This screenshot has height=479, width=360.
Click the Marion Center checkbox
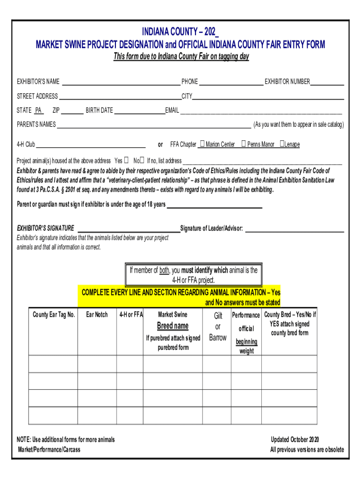pyautogui.click(x=202, y=144)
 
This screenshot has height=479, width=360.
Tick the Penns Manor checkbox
pyautogui.click(x=244, y=144)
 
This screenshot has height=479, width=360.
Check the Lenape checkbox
pyautogui.click(x=281, y=144)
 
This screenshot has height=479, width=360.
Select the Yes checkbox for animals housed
pyautogui.click(x=126, y=160)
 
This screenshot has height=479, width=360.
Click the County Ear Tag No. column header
pyautogui.click(x=54, y=315)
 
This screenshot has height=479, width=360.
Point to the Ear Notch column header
pyautogui.click(x=97, y=315)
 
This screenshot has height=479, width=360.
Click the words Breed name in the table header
pyautogui.click(x=173, y=326)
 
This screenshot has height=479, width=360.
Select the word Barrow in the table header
pyautogui.click(x=218, y=338)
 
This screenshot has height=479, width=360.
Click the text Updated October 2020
pyautogui.click(x=295, y=440)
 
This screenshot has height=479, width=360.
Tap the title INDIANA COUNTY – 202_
pyautogui.click(x=180, y=32)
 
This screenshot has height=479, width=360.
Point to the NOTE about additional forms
pyautogui.click(x=66, y=440)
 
